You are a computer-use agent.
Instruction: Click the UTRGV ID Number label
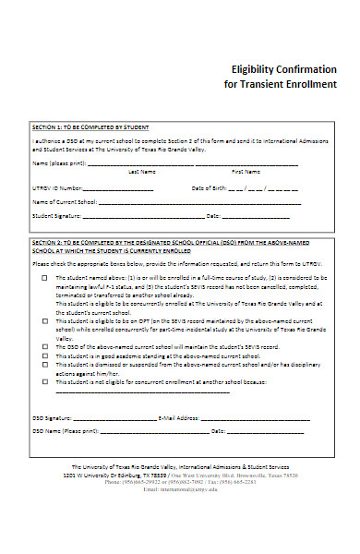[58, 187]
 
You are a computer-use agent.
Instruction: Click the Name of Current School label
[65, 201]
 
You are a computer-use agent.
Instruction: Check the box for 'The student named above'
[43, 277]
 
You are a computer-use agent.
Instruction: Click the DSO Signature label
[52, 417]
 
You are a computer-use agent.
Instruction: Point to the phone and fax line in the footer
[180, 481]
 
